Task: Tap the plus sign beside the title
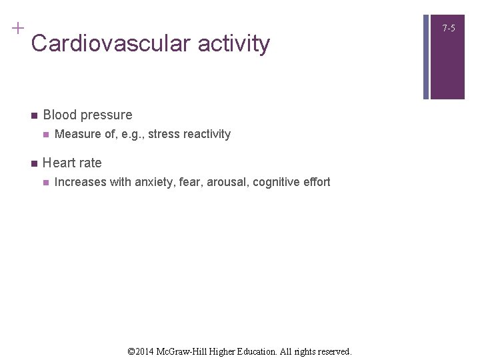click(17, 29)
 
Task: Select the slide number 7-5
click(449, 28)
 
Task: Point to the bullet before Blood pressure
click(33, 115)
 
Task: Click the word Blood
click(59, 115)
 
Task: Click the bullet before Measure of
click(45, 135)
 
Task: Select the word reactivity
click(207, 135)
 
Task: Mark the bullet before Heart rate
click(33, 163)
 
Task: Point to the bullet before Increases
click(45, 183)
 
